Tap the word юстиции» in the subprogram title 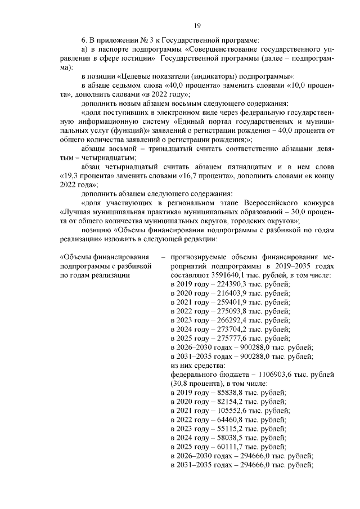138,58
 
